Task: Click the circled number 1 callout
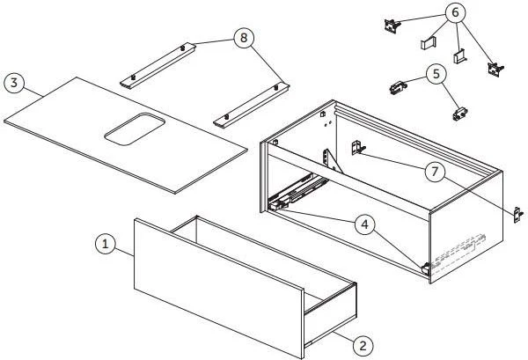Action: (106, 244)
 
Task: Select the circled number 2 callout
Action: (363, 346)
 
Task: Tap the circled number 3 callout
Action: (14, 83)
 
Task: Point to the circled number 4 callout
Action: (366, 224)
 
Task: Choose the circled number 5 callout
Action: (436, 74)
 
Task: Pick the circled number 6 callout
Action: (455, 13)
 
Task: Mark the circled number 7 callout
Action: (435, 172)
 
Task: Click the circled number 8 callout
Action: (244, 38)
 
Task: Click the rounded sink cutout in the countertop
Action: (135, 129)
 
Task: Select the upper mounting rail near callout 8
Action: (158, 66)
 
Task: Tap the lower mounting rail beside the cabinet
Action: (251, 105)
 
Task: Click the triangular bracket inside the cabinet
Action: (333, 162)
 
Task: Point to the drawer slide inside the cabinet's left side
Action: (298, 192)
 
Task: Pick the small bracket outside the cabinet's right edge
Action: (518, 215)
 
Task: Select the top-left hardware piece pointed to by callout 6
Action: (392, 26)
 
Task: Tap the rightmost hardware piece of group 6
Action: (495, 70)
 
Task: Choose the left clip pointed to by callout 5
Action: (399, 87)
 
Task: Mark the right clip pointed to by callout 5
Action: (460, 114)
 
